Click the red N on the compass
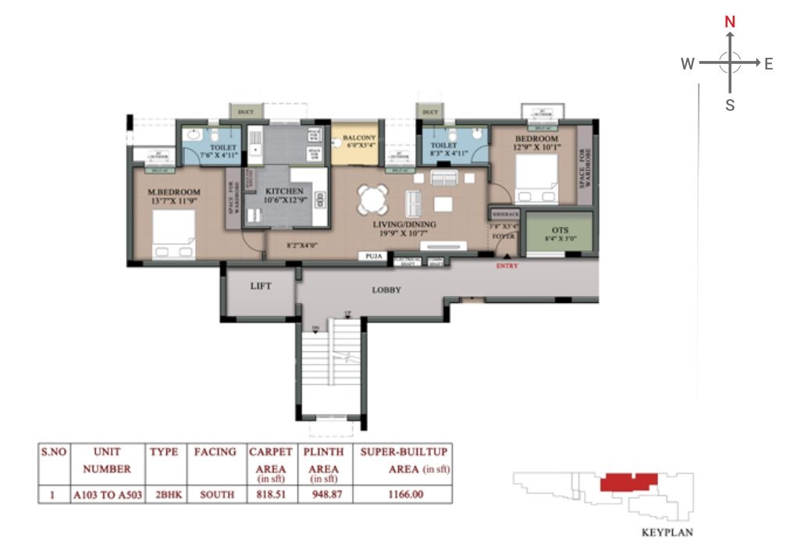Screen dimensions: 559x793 click(x=730, y=22)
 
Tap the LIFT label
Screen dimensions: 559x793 click(x=261, y=287)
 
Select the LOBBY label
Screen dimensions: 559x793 click(x=386, y=290)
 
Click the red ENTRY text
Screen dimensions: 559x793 click(x=507, y=266)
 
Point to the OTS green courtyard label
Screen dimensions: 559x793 click(x=560, y=230)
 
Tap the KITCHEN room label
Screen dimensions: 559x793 click(x=284, y=191)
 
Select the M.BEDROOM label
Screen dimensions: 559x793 click(x=174, y=192)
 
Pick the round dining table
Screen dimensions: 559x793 click(x=372, y=199)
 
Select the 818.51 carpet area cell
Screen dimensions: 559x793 click(x=271, y=494)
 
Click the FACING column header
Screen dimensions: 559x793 click(x=215, y=452)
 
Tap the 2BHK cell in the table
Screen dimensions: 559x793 click(x=165, y=494)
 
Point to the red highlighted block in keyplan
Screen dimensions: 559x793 click(x=629, y=482)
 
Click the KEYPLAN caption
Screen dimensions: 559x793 click(x=667, y=533)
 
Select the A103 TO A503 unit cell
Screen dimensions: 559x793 click(x=107, y=494)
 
